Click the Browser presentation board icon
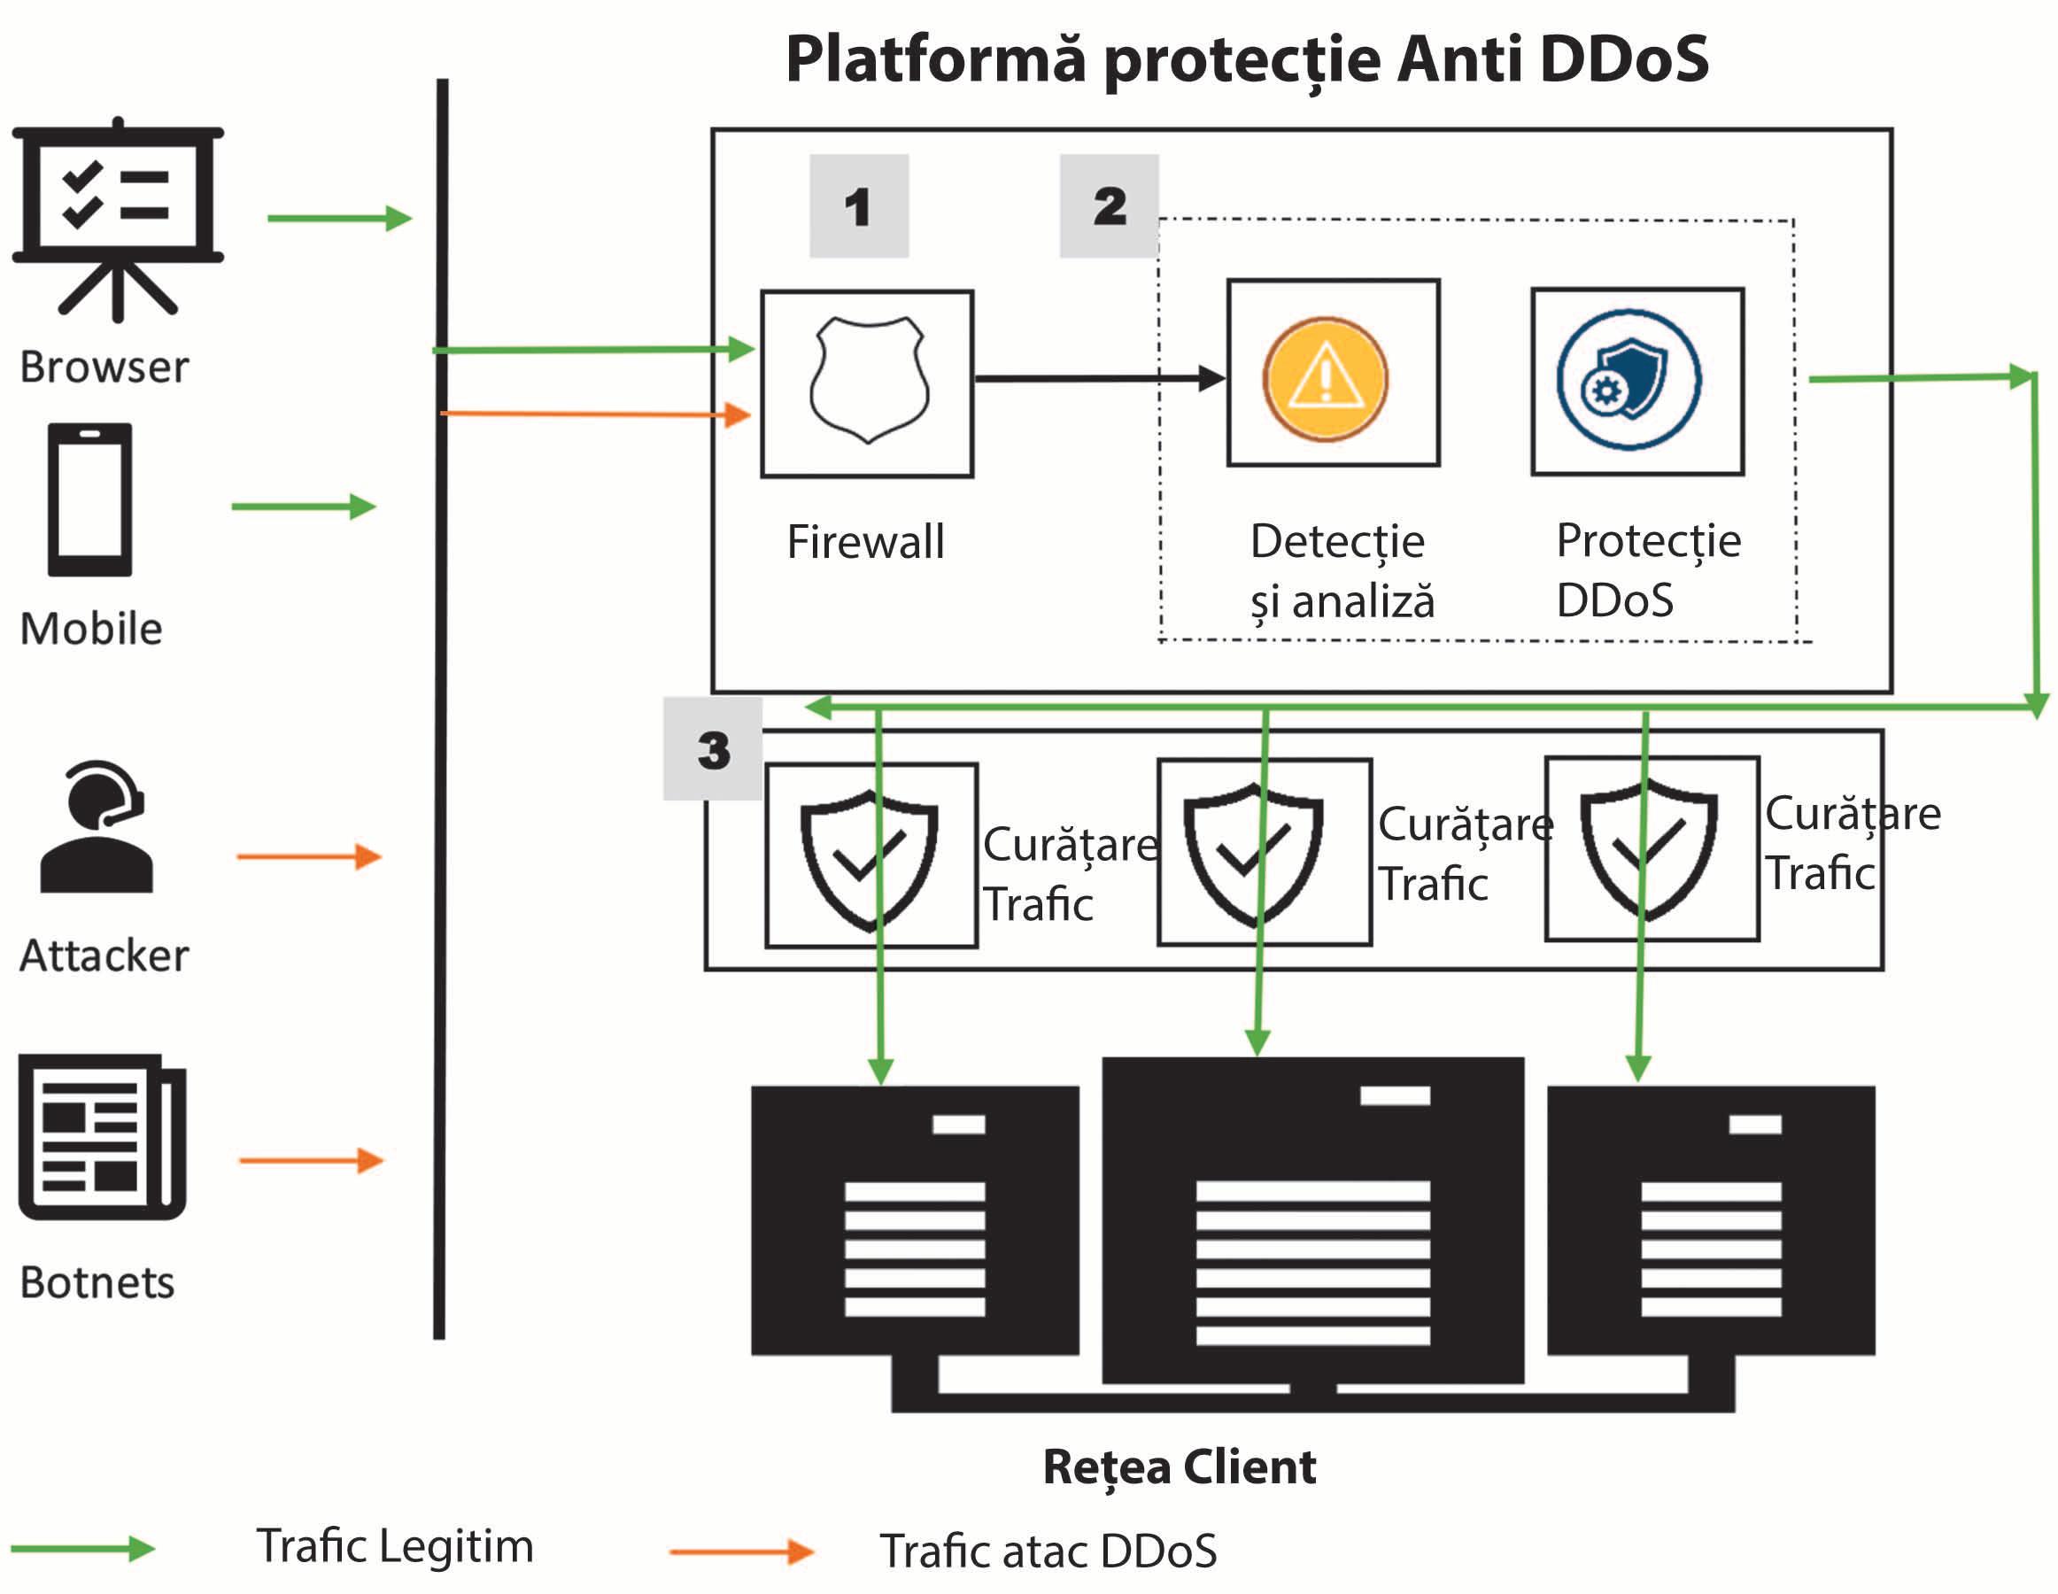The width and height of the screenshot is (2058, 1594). click(x=118, y=219)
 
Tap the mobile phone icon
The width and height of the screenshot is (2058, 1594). click(x=90, y=499)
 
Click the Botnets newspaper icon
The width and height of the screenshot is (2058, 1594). click(x=102, y=1136)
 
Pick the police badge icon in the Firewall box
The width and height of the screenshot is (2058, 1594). click(x=868, y=381)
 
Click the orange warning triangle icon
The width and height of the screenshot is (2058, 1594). click(x=1325, y=378)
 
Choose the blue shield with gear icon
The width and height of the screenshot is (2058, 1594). click(x=1629, y=380)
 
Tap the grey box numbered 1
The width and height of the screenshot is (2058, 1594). click(x=858, y=206)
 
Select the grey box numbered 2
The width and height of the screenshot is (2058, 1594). click(x=1109, y=206)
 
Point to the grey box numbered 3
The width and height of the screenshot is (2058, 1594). click(x=714, y=750)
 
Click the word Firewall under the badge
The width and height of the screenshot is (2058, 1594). click(x=865, y=542)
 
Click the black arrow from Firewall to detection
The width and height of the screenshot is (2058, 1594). click(x=1099, y=379)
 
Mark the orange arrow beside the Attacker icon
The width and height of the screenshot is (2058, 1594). click(x=309, y=856)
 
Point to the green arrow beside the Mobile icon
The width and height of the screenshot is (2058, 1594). click(x=304, y=506)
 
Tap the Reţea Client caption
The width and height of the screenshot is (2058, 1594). click(x=1179, y=1466)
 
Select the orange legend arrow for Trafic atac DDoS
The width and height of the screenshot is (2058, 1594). click(x=740, y=1551)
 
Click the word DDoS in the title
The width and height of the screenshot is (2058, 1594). click(x=1622, y=59)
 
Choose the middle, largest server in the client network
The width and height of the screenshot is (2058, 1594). click(x=1312, y=1219)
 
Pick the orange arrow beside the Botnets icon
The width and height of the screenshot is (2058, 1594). click(x=311, y=1160)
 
